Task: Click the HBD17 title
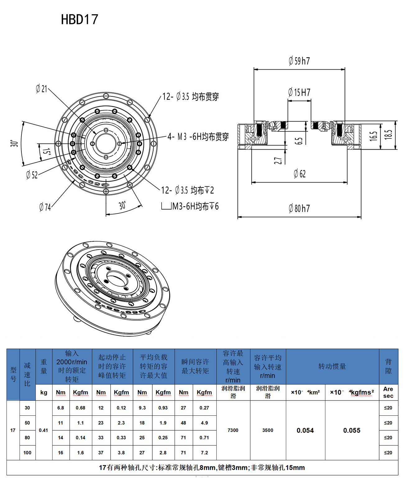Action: pyautogui.click(x=80, y=20)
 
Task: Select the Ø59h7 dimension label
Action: pyautogui.click(x=299, y=61)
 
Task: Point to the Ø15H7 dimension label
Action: pyautogui.click(x=299, y=92)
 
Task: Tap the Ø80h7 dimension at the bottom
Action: pyautogui.click(x=299, y=208)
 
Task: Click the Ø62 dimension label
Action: pyautogui.click(x=300, y=174)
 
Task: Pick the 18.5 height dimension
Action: pyautogui.click(x=388, y=135)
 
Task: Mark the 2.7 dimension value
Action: pyautogui.click(x=278, y=160)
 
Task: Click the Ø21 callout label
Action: pyautogui.click(x=41, y=89)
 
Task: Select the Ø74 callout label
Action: pyautogui.click(x=45, y=207)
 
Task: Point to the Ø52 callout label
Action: pyautogui.click(x=32, y=175)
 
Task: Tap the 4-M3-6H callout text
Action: pyautogui.click(x=198, y=137)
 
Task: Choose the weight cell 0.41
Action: pyautogui.click(x=44, y=430)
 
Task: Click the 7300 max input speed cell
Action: pyautogui.click(x=233, y=430)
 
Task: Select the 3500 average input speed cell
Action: pyautogui.click(x=268, y=430)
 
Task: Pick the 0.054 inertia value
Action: pyautogui.click(x=305, y=430)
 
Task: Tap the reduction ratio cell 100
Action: pyautogui.click(x=27, y=453)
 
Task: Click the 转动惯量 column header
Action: pyautogui.click(x=332, y=366)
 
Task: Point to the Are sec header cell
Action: pyautogui.click(x=388, y=392)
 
